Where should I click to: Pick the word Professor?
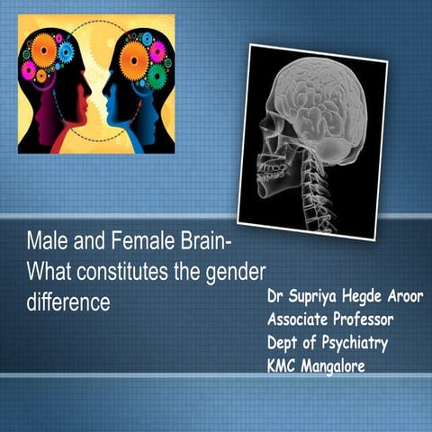(x=370, y=319)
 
